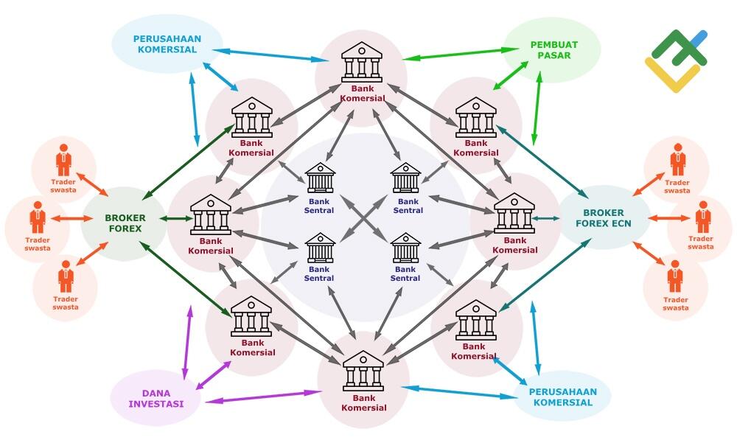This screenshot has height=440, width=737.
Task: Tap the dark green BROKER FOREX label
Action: click(x=125, y=223)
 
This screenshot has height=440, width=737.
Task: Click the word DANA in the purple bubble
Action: click(x=156, y=393)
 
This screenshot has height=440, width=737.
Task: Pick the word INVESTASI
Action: click(x=156, y=404)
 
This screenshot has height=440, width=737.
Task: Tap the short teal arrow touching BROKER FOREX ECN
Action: click(x=546, y=218)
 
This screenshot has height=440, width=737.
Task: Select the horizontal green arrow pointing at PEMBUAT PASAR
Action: click(x=461, y=53)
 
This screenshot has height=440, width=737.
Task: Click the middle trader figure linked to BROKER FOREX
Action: click(x=38, y=217)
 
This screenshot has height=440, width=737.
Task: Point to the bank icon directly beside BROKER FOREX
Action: click(x=211, y=214)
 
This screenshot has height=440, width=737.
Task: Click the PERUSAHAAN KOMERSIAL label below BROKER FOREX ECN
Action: click(x=563, y=397)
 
